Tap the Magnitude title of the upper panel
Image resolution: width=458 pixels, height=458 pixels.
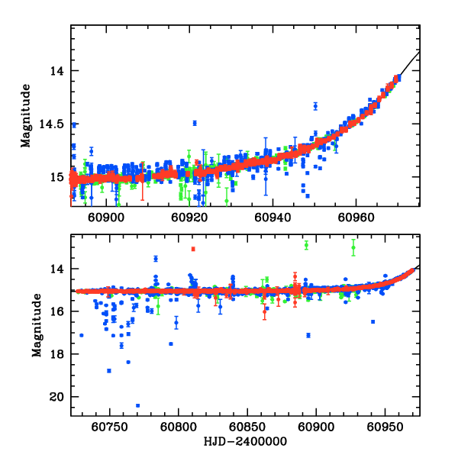[x=25, y=116]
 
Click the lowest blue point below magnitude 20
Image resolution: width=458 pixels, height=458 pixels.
[x=137, y=405]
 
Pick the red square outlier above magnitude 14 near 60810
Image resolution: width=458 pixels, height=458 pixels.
[x=193, y=249]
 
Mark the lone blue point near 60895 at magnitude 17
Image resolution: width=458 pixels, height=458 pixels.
[x=308, y=335]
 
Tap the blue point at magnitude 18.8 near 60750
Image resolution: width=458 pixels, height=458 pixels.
[x=109, y=371]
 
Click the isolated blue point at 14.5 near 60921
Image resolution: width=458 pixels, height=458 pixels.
[x=195, y=123]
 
